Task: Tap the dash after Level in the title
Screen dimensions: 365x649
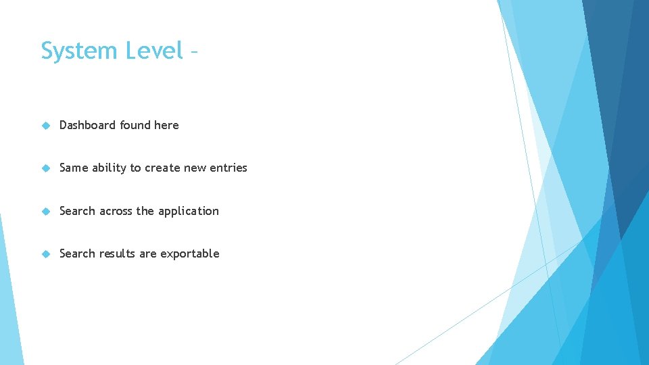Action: (194, 51)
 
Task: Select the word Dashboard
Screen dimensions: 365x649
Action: (88, 125)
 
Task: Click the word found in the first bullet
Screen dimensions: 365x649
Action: (135, 125)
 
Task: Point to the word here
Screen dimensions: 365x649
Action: (166, 125)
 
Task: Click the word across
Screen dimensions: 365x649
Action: (116, 211)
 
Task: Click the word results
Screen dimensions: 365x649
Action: (118, 253)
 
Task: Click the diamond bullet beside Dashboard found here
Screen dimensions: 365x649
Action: (45, 125)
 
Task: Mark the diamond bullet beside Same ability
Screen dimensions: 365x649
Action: (45, 168)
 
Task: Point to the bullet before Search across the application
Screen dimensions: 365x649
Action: (45, 211)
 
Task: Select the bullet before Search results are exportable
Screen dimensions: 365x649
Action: (45, 253)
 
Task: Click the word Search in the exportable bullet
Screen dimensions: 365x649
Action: (77, 253)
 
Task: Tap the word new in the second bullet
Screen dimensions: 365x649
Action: (195, 168)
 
